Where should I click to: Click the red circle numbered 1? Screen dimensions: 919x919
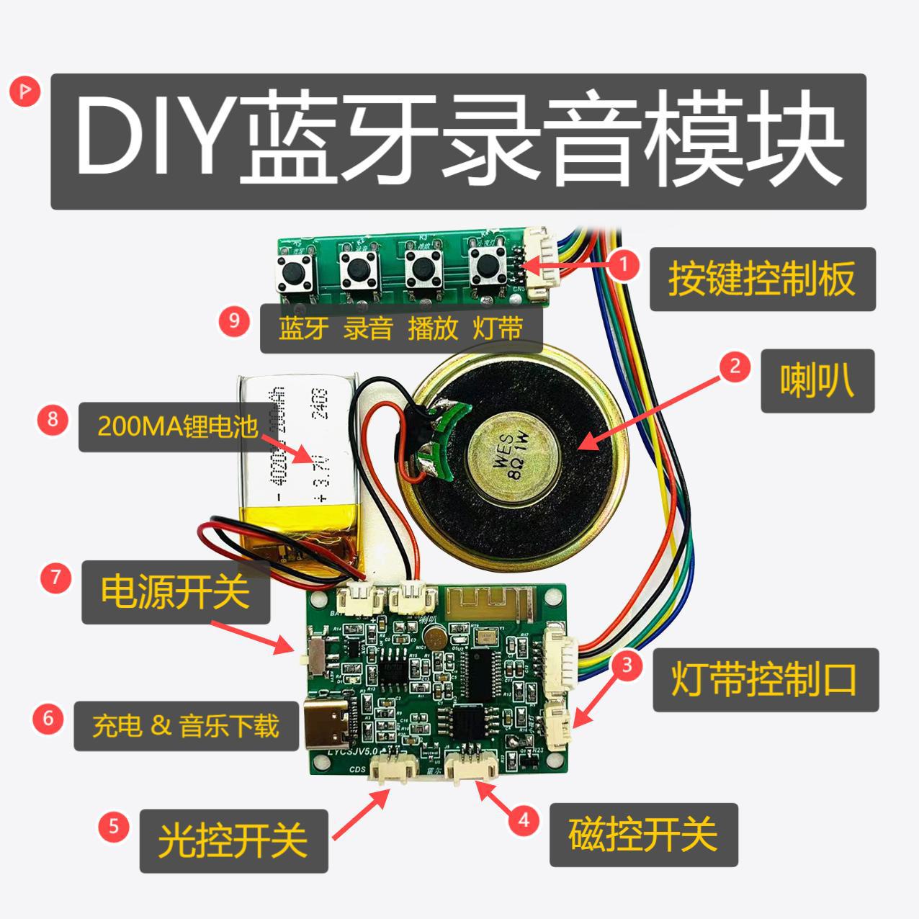pyautogui.click(x=624, y=264)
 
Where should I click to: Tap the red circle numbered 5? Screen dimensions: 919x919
pyautogui.click(x=114, y=826)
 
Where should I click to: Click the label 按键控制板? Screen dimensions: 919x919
pyautogui.click(x=762, y=279)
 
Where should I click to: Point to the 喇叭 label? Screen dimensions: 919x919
pyautogui.click(x=817, y=380)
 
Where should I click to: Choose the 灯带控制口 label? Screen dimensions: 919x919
pyautogui.click(x=765, y=679)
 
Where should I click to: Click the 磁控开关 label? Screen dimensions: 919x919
pyautogui.click(x=643, y=835)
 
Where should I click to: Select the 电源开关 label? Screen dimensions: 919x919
pyautogui.click(x=175, y=592)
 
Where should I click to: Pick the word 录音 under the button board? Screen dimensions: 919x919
pyautogui.click(x=367, y=329)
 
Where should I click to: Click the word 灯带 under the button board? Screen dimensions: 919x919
pyautogui.click(x=498, y=329)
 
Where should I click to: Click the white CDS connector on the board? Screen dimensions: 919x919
pyautogui.click(x=392, y=773)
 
